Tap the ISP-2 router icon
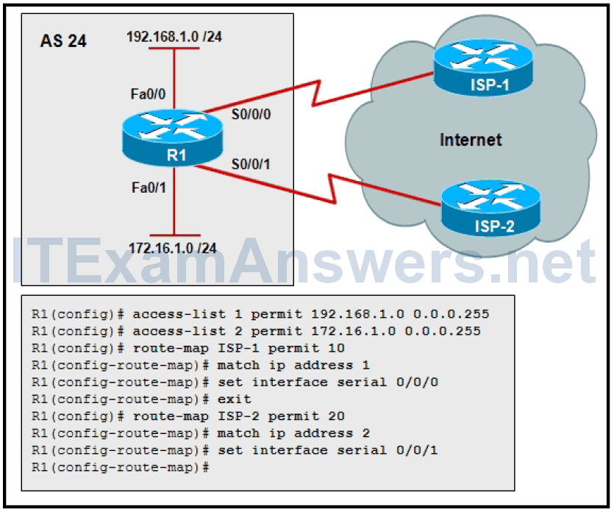click(490, 208)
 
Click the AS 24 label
click(63, 41)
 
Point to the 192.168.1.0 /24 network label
click(174, 37)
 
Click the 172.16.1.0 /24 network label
click(174, 247)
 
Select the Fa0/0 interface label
click(147, 94)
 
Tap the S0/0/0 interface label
click(251, 115)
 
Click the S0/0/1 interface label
click(251, 163)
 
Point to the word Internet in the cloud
click(471, 139)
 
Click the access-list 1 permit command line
click(260, 314)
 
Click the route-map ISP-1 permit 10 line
click(188, 348)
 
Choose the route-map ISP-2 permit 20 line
click(188, 416)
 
